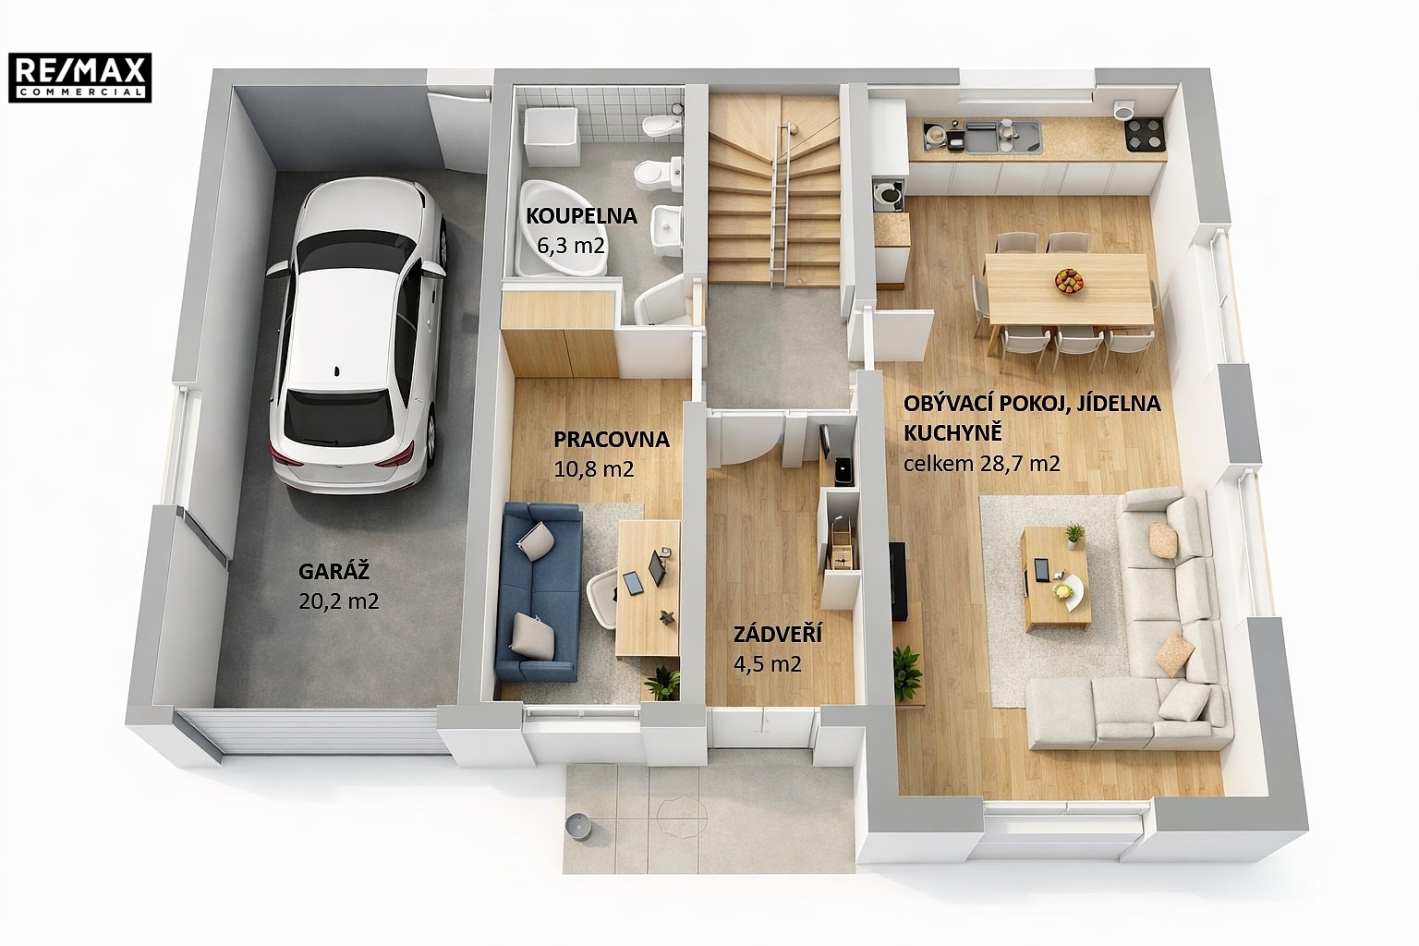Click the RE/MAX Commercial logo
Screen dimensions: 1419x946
[79, 78]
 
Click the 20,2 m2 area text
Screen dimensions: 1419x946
[339, 600]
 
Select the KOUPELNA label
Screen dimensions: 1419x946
[581, 216]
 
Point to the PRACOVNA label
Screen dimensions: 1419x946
[612, 439]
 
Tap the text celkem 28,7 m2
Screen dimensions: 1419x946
[981, 464]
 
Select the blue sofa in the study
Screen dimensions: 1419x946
[540, 592]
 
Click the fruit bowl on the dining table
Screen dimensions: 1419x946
[1069, 280]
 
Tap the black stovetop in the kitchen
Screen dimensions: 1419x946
[1145, 134]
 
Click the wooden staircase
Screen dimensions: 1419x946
[773, 190]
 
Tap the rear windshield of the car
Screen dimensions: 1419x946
[339, 415]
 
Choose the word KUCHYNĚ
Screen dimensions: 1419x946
[952, 432]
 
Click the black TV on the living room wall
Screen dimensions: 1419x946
[897, 581]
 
